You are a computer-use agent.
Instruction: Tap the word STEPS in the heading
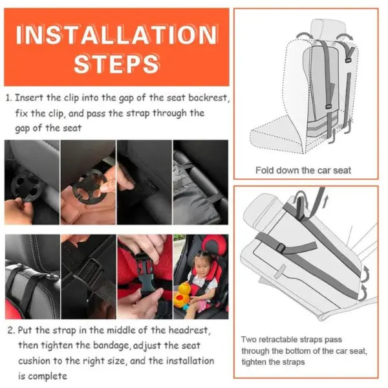pos(116,64)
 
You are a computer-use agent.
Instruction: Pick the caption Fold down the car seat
pos(304,171)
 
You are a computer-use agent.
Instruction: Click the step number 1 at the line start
pos(8,98)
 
